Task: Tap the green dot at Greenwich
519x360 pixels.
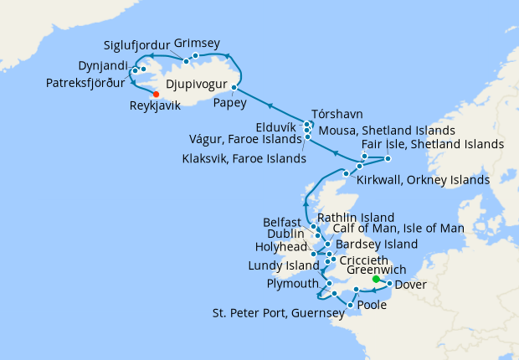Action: click(375, 280)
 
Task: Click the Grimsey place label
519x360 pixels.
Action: click(198, 44)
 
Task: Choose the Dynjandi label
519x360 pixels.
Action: click(102, 64)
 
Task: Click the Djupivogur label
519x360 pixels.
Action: click(197, 85)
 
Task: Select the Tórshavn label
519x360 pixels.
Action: click(336, 113)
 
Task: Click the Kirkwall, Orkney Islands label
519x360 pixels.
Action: click(423, 179)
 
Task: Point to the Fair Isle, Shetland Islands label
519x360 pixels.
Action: click(433, 144)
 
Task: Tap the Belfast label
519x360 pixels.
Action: click(280, 223)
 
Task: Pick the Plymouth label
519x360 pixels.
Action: click(293, 284)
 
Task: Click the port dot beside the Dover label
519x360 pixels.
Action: click(389, 283)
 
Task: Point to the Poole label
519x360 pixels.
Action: click(372, 306)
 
